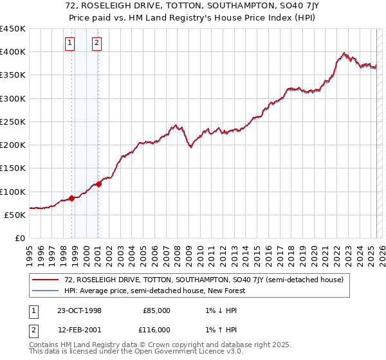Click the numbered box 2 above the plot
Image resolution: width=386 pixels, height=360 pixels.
(x=96, y=43)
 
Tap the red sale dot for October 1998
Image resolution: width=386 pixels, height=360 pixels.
(x=71, y=198)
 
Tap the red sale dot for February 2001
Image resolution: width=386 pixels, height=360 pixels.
(x=98, y=184)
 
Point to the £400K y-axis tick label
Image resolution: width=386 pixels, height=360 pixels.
(x=13, y=52)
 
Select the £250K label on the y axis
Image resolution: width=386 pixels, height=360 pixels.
(x=13, y=122)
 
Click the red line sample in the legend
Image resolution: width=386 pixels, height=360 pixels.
(x=46, y=280)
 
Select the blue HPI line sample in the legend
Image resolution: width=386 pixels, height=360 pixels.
(x=46, y=291)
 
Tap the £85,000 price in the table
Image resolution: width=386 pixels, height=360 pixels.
(x=156, y=310)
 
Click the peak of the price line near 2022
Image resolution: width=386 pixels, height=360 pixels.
(x=344, y=53)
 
